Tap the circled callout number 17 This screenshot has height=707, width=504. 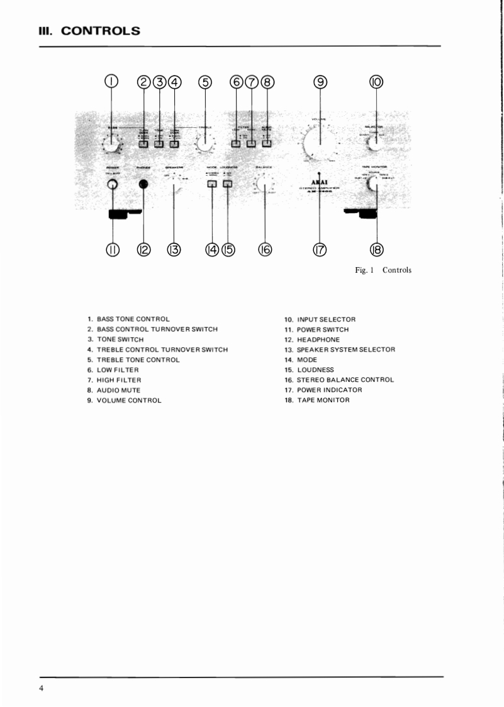(x=320, y=250)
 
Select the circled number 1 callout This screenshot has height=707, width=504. (x=112, y=82)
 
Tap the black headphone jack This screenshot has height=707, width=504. (x=143, y=185)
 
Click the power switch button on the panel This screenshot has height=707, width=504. (x=112, y=185)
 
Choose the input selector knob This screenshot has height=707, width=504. (x=376, y=143)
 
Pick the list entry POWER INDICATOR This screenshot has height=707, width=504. (x=329, y=390)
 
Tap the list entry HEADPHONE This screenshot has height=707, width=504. (x=318, y=340)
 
